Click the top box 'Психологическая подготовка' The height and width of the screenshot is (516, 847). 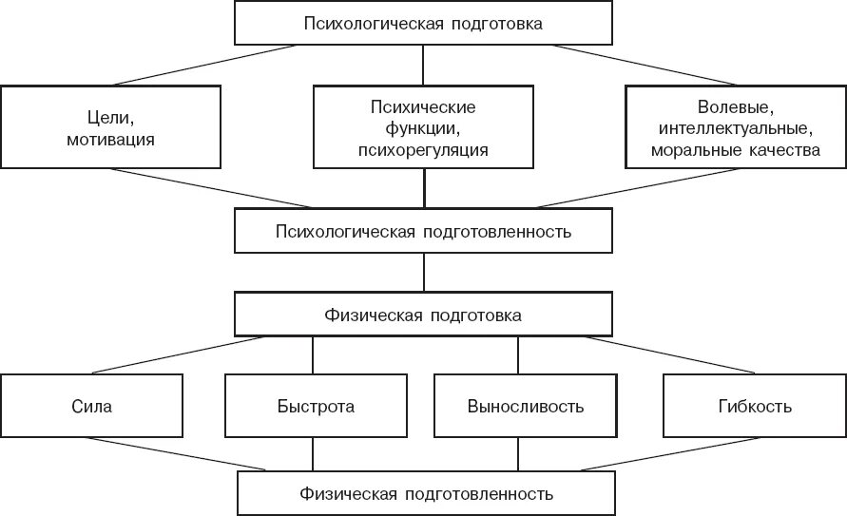coord(423,23)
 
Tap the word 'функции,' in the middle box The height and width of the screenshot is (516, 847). coord(423,127)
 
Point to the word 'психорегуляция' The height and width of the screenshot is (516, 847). coord(423,149)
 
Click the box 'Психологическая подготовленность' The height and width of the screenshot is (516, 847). coord(423,230)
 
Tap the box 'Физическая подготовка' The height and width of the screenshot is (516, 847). coord(423,314)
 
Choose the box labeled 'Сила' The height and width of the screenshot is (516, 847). coord(91,407)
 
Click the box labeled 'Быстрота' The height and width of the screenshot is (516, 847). coord(313,407)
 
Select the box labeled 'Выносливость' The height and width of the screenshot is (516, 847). coord(525,407)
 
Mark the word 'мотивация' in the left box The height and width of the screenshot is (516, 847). coord(110,139)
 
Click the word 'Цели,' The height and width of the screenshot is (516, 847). coord(110,117)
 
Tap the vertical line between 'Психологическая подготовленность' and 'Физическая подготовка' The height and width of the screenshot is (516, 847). coord(424,273)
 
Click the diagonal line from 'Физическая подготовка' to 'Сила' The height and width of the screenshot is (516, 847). coord(171,355)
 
